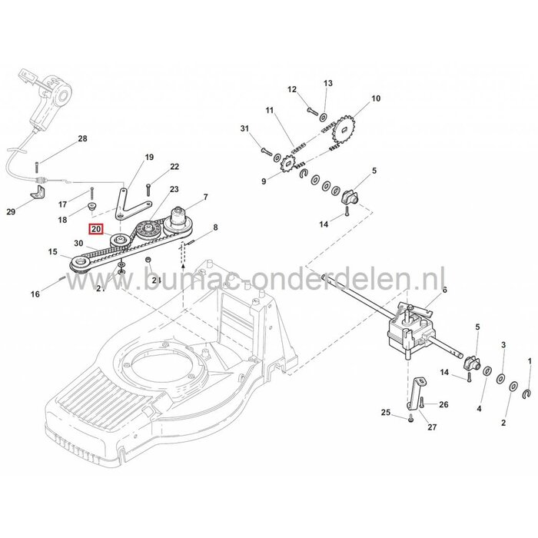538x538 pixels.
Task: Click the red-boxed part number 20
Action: click(97, 228)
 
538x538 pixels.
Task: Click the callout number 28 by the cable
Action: click(82, 138)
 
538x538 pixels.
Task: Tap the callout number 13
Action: click(327, 83)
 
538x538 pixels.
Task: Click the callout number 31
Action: click(244, 128)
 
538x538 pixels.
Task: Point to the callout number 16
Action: click(55, 294)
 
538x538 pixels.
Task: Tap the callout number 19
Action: click(150, 157)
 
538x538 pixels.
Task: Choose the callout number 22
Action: click(174, 167)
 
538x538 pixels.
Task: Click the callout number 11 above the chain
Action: click(269, 111)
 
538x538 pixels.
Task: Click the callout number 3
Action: click(503, 346)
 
